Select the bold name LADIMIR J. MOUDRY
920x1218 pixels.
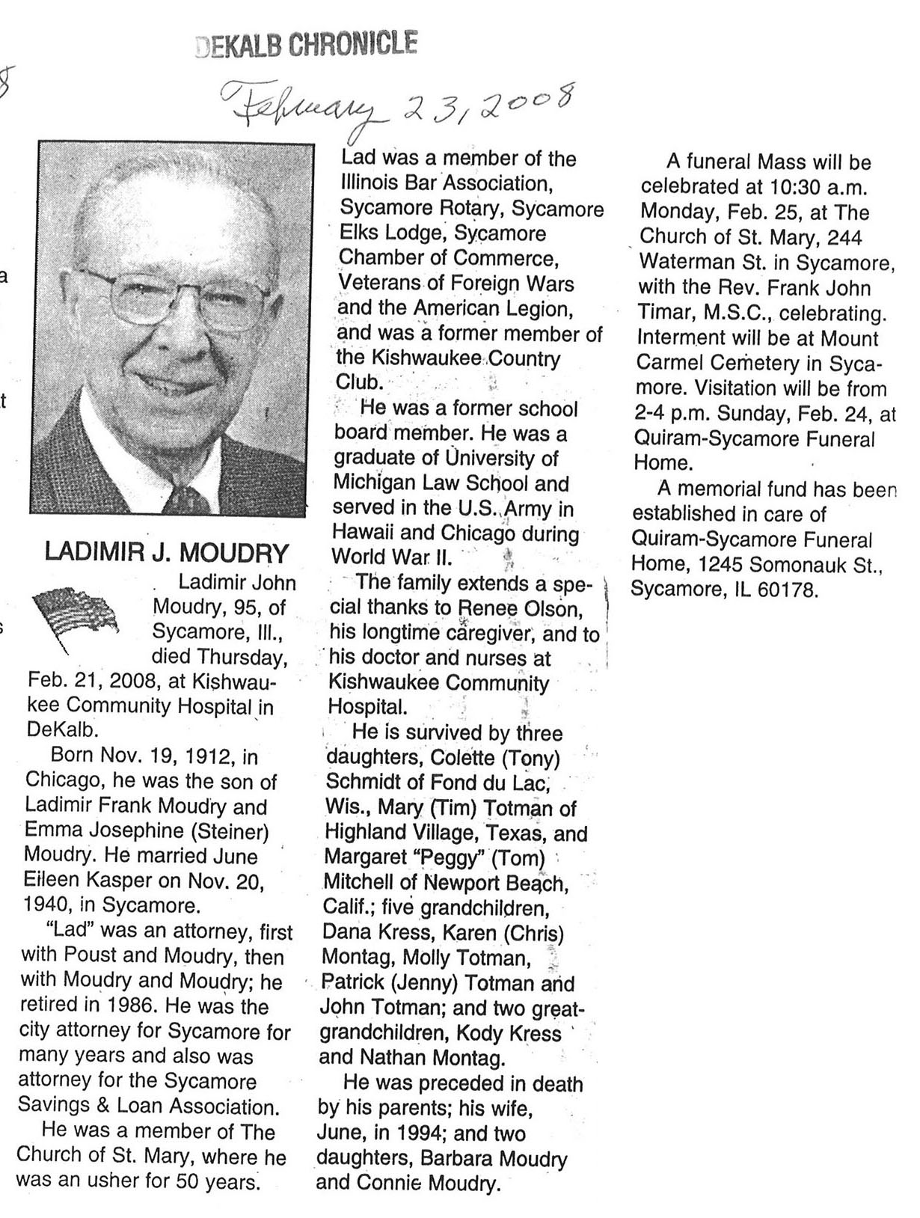(x=167, y=553)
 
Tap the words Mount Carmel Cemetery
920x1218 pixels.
(x=755, y=350)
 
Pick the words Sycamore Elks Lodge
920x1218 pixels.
(x=442, y=221)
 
